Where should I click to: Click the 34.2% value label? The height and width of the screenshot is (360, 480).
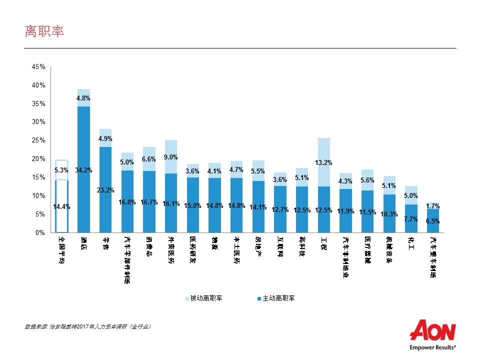(83, 170)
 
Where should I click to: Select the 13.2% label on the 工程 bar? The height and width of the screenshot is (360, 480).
(323, 162)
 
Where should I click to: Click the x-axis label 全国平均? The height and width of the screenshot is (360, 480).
(61, 248)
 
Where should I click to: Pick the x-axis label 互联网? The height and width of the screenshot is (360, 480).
(281, 245)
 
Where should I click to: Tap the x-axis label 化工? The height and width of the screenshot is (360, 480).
(411, 242)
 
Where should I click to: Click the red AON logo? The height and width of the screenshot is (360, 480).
(432, 330)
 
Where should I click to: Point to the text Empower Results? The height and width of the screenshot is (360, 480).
(432, 346)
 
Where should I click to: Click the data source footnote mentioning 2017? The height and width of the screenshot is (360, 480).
(87, 326)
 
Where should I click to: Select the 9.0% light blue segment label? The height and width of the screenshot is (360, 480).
(170, 157)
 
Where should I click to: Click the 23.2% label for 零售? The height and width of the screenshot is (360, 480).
(105, 190)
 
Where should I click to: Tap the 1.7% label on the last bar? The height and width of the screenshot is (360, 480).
(433, 205)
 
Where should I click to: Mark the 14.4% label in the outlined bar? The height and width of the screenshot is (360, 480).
(61, 206)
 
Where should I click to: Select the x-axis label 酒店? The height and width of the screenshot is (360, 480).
(83, 242)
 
